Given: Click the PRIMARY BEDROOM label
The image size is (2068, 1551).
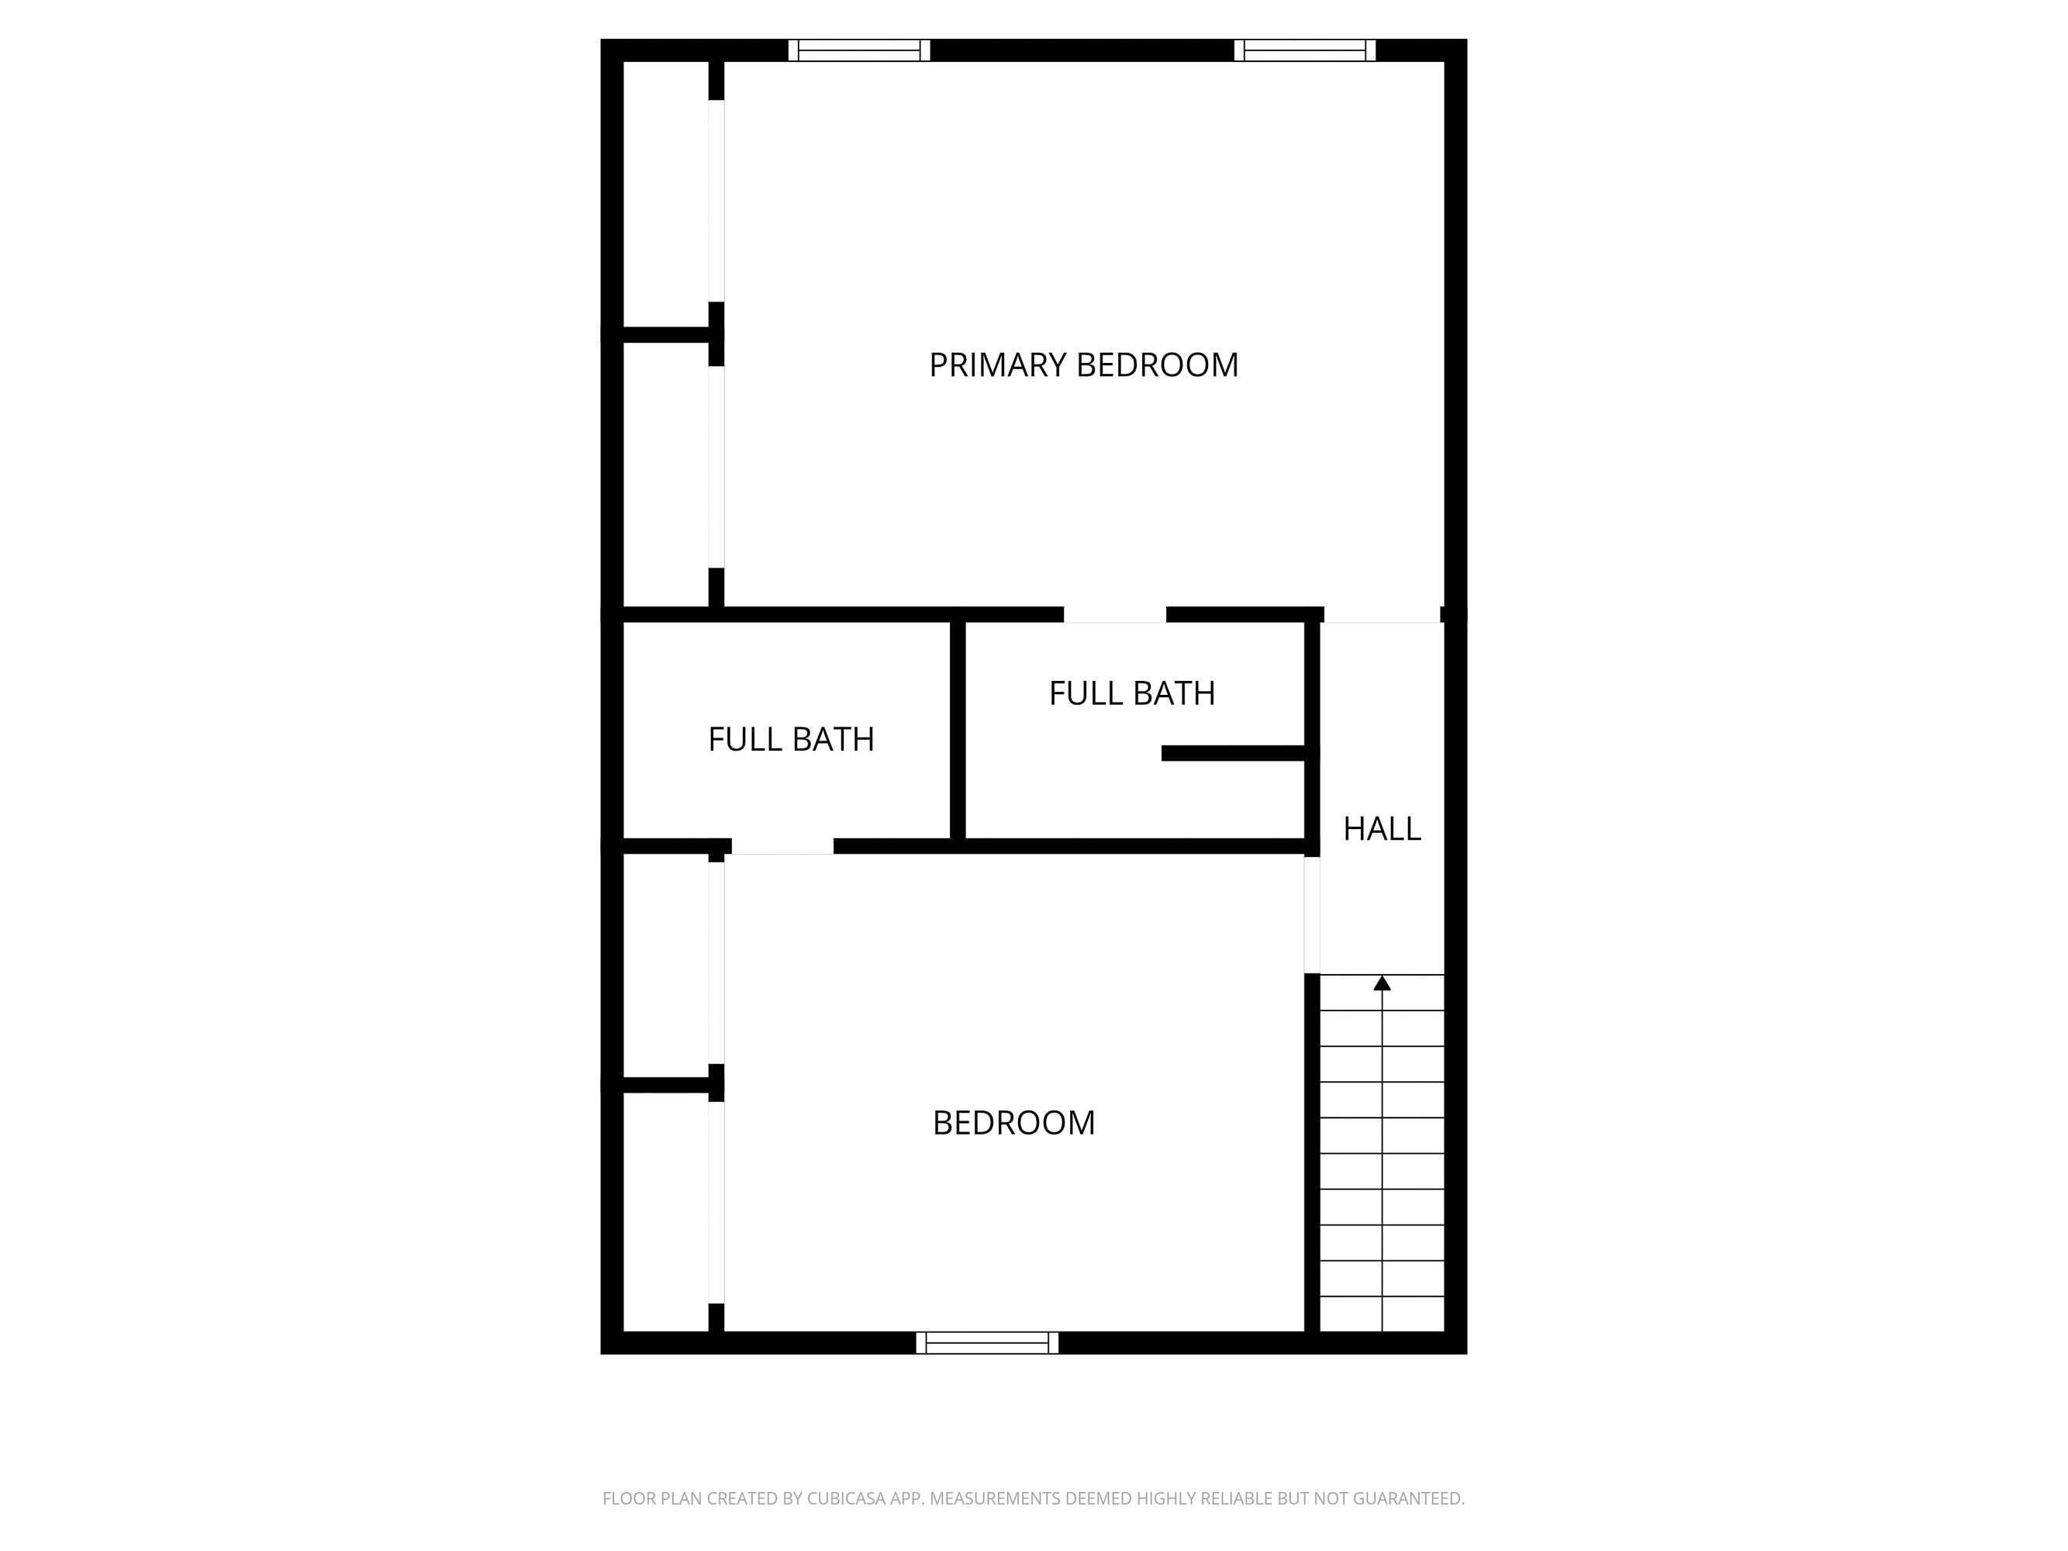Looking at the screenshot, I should [x=1082, y=364].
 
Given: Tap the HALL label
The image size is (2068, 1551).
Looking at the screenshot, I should [x=1381, y=828].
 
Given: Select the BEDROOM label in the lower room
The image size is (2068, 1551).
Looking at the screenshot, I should [x=1013, y=1123].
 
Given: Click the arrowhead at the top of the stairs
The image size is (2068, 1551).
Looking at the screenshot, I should [x=1382, y=983].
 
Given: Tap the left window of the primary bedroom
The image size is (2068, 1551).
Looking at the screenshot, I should [x=858, y=50].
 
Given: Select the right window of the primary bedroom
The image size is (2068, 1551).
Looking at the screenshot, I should [x=1304, y=50].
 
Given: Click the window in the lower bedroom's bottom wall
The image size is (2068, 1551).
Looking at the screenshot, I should [x=986, y=1342].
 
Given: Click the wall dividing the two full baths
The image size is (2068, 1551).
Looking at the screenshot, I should [x=958, y=729].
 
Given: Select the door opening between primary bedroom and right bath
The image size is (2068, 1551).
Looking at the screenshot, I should [x=1114, y=615].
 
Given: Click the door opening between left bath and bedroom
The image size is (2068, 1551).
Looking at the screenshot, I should [x=782, y=846].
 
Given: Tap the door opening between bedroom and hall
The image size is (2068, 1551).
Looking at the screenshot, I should [x=1312, y=914].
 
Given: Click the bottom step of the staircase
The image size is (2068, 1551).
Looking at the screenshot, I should [x=1382, y=1314].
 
